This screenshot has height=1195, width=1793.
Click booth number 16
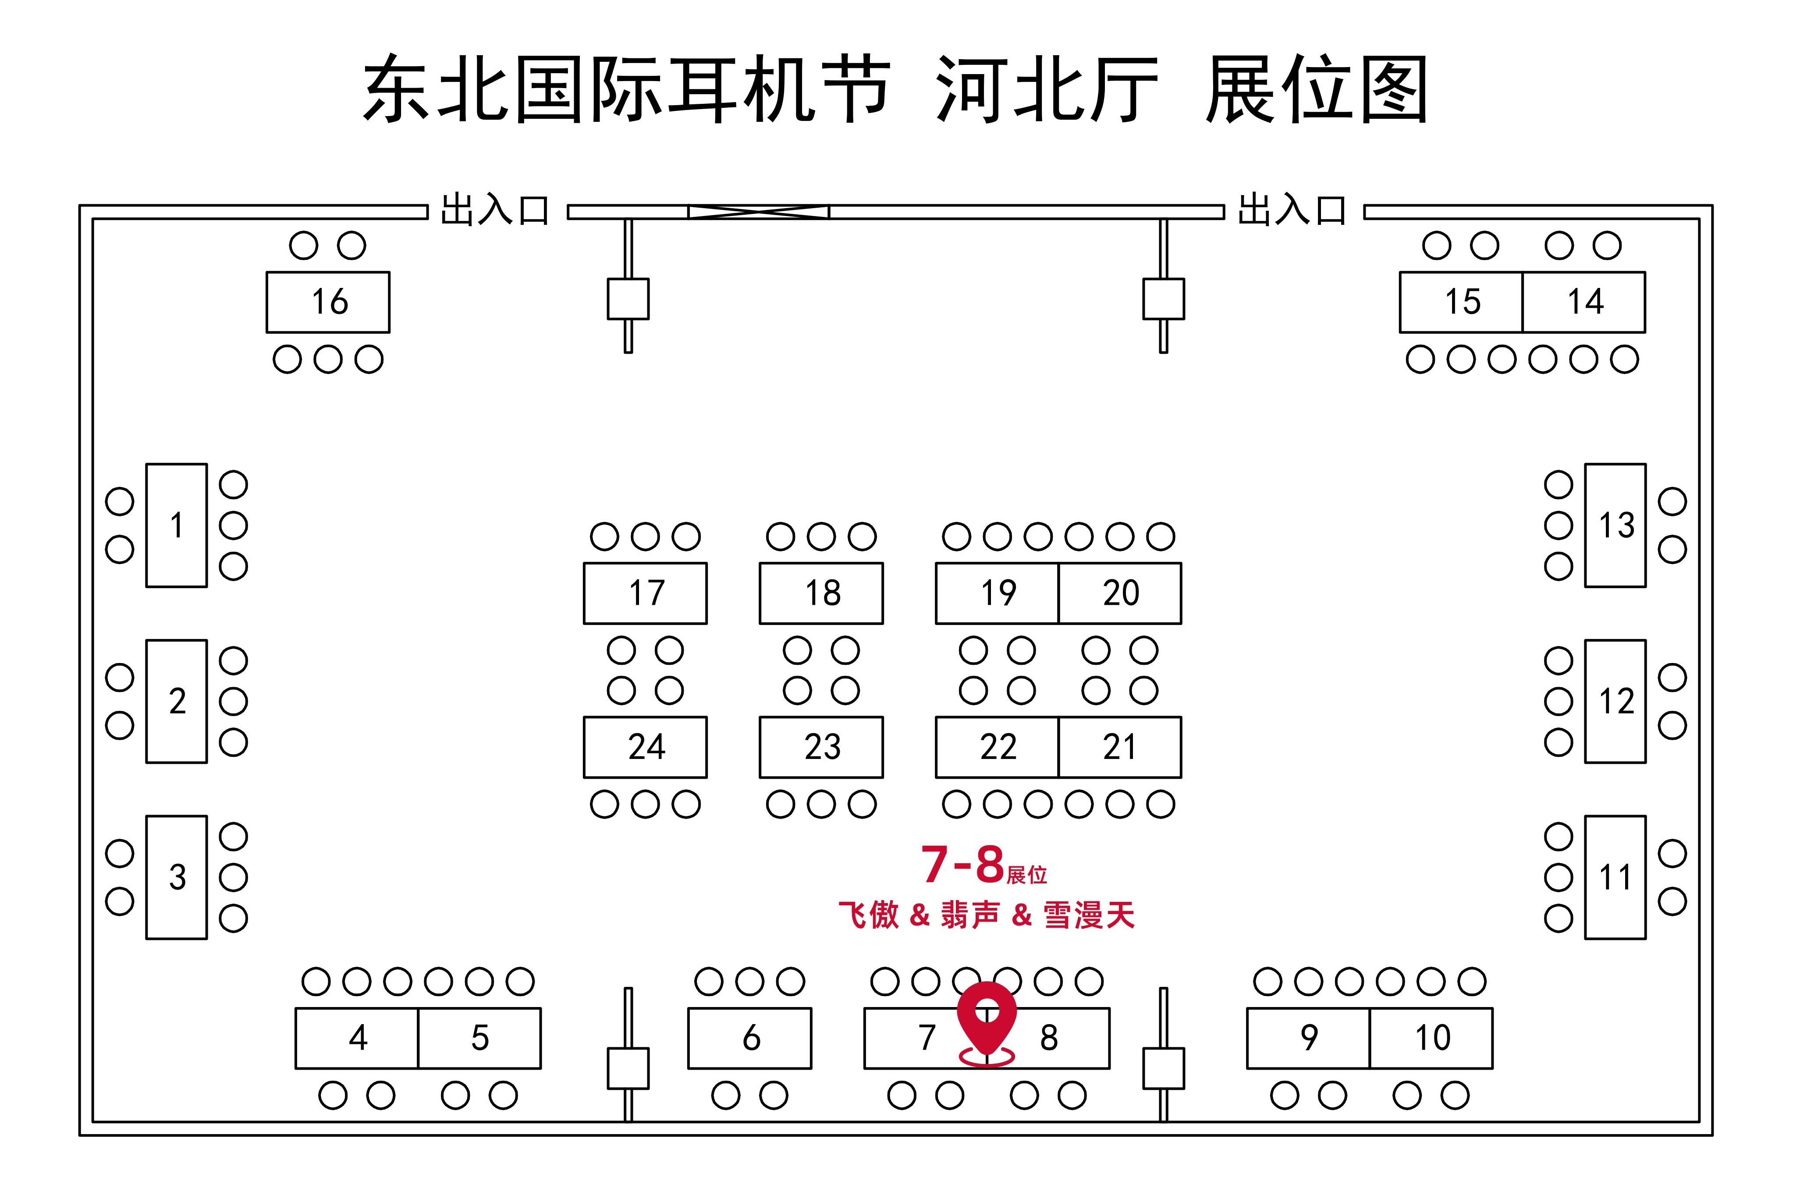(x=328, y=302)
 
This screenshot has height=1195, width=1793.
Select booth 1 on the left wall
(x=176, y=525)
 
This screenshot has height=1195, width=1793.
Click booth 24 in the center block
(x=646, y=747)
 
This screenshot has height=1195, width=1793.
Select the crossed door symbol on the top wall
(x=758, y=212)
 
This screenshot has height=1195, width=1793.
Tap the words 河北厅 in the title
(x=1046, y=89)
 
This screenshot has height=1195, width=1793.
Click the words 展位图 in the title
(x=1316, y=89)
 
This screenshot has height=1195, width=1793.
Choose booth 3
(x=176, y=877)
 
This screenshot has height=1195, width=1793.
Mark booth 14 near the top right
(x=1584, y=302)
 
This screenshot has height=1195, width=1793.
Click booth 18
(x=821, y=593)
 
